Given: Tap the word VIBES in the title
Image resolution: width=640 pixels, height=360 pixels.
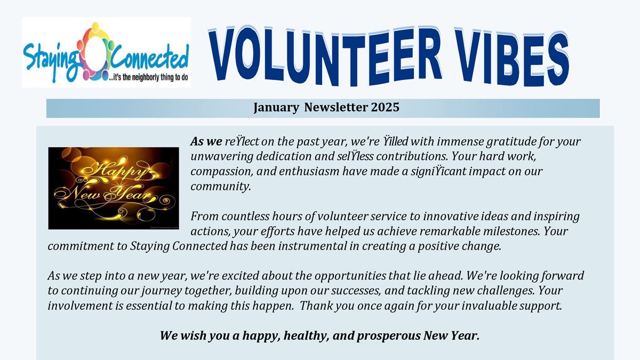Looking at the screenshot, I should click(506, 55).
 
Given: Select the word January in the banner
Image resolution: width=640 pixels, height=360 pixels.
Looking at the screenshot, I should click(276, 107).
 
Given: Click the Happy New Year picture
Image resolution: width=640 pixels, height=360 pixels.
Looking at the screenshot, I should click(114, 188).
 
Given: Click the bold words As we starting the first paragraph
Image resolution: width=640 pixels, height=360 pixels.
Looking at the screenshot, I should click(206, 142).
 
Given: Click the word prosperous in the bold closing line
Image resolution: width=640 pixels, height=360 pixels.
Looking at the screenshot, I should click(381, 336).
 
